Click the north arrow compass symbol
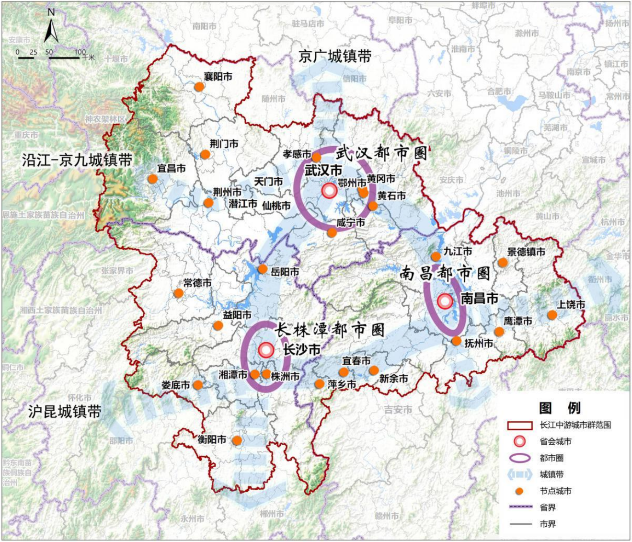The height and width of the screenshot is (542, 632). click(51, 28)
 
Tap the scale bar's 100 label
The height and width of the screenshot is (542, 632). click(80, 52)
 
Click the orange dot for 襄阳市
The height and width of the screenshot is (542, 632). click(199, 87)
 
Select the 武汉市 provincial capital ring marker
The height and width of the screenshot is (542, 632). click(329, 191)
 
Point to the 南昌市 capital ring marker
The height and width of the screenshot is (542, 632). click(445, 301)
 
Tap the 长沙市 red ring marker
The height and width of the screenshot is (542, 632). click(266, 350)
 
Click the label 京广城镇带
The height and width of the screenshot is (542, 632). click(334, 57)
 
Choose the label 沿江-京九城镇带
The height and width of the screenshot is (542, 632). click(77, 160)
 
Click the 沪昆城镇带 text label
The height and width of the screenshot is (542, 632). click(65, 412)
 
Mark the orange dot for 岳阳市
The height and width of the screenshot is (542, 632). click(263, 269)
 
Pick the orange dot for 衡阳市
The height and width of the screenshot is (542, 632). click(237, 440)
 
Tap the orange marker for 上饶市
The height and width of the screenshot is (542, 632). click(552, 315)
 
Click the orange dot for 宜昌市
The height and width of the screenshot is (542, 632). click(152, 179)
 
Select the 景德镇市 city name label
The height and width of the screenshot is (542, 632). click(526, 252)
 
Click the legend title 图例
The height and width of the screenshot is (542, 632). click(559, 408)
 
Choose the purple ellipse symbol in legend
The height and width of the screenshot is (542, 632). click(519, 458)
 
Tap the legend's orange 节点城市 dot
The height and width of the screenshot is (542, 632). click(519, 491)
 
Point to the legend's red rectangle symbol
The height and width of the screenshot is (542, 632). click(519, 425)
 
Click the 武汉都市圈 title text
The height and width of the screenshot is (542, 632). click(381, 153)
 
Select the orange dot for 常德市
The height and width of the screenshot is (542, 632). click(178, 293)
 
